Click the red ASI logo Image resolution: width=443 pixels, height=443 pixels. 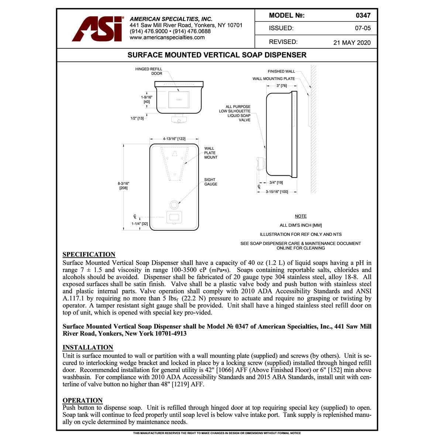coord(97,29)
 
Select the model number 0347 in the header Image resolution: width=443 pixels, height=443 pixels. coord(363,16)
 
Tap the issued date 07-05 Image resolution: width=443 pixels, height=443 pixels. coord(363,28)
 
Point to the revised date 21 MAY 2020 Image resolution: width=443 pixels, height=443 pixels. coord(352,42)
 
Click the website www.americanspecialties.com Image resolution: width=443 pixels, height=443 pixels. coord(167,37)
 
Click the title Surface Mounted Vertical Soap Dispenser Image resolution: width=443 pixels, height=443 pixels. coord(217,55)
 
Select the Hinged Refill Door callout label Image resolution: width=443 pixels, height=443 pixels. coord(149,71)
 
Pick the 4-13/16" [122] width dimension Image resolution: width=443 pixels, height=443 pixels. coord(174,139)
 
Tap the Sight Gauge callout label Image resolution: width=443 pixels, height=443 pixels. coord(211,182)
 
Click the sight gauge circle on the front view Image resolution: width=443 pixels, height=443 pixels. coord(174,204)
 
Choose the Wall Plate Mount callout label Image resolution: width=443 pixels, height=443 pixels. coord(211,153)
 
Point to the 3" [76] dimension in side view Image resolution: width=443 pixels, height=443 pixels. coord(282,86)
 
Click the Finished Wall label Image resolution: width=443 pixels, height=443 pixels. coord(281,71)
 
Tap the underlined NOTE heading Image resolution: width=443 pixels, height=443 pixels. coord(301,216)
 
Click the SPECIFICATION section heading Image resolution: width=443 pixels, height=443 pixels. coord(89,254)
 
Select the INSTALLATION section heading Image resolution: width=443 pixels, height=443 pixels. coord(88,347)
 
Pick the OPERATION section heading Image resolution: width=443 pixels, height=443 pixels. coord(82,400)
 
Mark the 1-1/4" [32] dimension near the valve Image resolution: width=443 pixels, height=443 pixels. coord(140,224)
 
